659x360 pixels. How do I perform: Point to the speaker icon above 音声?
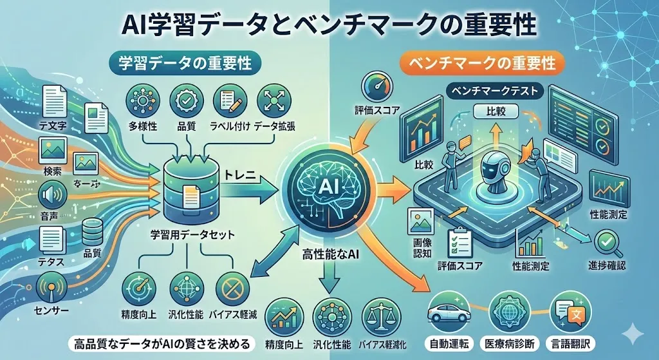pyautogui.click(x=53, y=193)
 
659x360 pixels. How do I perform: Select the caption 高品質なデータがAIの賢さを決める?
pyautogui.click(x=162, y=342)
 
